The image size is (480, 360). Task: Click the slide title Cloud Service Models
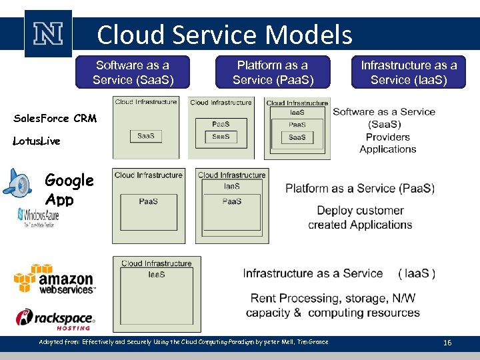pyautogui.click(x=224, y=35)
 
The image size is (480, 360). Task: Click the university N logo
pyautogui.click(x=48, y=34)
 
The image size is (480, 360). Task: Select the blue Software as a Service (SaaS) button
pyautogui.click(x=133, y=73)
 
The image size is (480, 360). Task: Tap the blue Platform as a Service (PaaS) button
pyautogui.click(x=272, y=73)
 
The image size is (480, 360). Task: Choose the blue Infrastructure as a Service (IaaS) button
pyautogui.click(x=408, y=73)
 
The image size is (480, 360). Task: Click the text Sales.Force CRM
pyautogui.click(x=55, y=119)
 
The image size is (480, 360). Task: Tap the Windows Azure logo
pyautogui.click(x=39, y=217)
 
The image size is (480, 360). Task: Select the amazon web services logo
pyautogui.click(x=55, y=279)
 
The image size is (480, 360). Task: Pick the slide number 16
pyautogui.click(x=447, y=343)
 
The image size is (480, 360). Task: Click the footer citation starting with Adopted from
pyautogui.click(x=183, y=342)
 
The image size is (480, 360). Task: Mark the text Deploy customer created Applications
pyautogui.click(x=360, y=217)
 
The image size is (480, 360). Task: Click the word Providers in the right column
pyautogui.click(x=387, y=137)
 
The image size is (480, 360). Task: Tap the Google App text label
pyautogui.click(x=69, y=190)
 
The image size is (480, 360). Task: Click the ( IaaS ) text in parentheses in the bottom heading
pyautogui.click(x=417, y=273)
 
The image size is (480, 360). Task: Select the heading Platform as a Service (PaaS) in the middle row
pyautogui.click(x=360, y=189)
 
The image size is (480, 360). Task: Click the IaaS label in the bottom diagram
pyautogui.click(x=157, y=274)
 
